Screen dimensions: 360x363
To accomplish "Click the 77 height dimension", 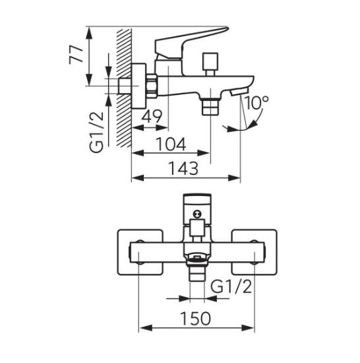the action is click(x=76, y=55).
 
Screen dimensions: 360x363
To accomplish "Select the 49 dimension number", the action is click(x=152, y=117).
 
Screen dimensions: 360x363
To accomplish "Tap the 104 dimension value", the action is click(x=171, y=145).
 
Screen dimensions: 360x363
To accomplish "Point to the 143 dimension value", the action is click(x=183, y=168).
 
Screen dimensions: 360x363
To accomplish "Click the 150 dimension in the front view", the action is click(x=196, y=319).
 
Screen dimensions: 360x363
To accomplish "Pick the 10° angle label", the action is click(x=256, y=102).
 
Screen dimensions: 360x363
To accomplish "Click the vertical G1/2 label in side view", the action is click(x=97, y=133).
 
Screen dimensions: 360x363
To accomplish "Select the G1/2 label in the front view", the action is click(x=231, y=287).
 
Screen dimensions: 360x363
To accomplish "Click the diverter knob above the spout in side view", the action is click(x=210, y=62).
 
